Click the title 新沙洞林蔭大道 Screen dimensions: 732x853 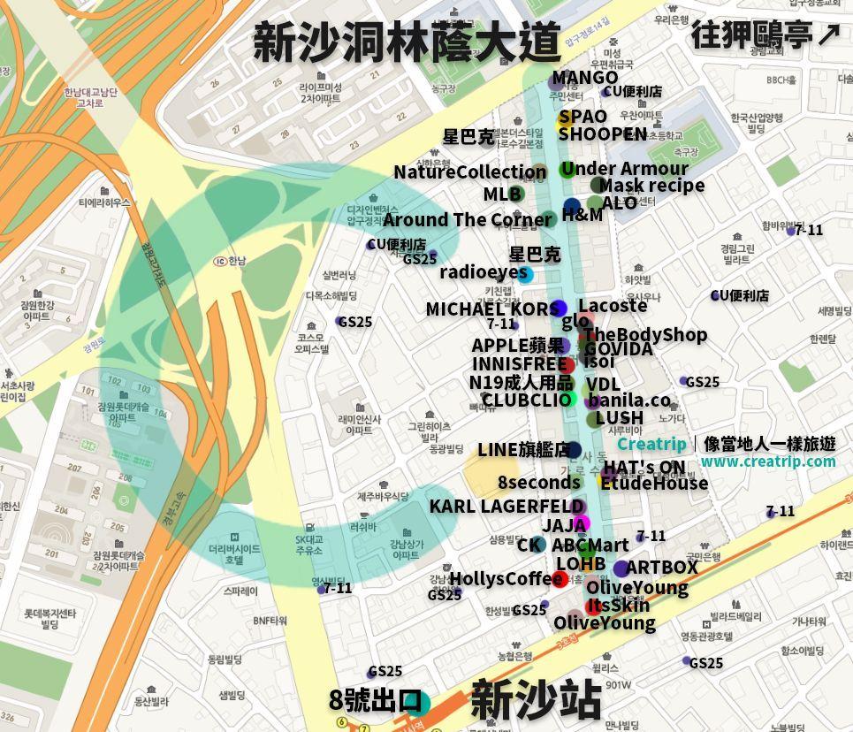(407, 42)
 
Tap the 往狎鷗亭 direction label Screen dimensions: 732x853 (765, 34)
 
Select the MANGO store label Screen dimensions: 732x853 (584, 79)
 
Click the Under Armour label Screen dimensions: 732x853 (624, 169)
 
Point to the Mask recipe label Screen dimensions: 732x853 (651, 186)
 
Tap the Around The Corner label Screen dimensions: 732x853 (467, 220)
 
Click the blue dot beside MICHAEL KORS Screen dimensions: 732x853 (558, 309)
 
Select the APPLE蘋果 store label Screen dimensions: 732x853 (517, 346)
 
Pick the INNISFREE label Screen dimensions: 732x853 (519, 364)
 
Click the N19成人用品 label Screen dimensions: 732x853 (520, 383)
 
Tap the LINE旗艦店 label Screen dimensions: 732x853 (523, 450)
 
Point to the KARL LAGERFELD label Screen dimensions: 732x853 (506, 507)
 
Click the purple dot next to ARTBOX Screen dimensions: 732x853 (621, 568)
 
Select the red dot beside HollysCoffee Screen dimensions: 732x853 (559, 580)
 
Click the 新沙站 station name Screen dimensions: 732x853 (535, 701)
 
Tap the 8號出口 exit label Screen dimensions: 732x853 (374, 701)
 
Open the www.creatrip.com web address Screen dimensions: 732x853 (767, 461)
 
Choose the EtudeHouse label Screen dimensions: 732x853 (654, 483)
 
